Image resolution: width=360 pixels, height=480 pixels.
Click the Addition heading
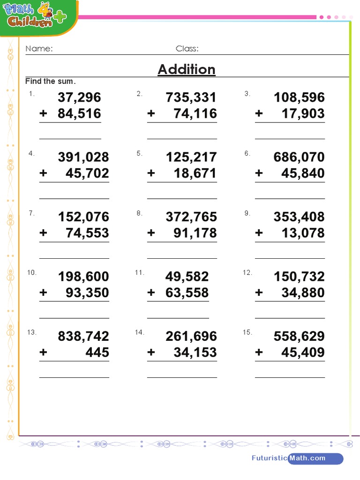click(187, 69)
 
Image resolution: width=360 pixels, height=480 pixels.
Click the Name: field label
click(39, 49)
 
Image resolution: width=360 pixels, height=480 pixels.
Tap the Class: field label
click(187, 49)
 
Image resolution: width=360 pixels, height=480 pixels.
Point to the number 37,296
click(79, 97)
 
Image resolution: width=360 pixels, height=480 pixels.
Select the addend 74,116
click(195, 113)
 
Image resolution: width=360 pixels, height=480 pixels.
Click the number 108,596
click(299, 97)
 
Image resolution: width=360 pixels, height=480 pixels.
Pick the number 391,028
click(83, 157)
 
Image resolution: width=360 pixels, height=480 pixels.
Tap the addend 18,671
click(195, 173)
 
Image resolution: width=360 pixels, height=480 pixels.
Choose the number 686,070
click(299, 157)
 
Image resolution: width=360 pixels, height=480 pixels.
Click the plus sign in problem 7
click(44, 233)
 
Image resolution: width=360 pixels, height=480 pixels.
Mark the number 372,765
click(191, 217)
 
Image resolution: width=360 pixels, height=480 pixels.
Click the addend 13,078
click(303, 233)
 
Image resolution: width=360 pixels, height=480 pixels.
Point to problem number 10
click(32, 273)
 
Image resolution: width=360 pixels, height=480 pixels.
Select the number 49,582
click(187, 277)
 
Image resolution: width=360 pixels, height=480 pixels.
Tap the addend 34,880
click(303, 292)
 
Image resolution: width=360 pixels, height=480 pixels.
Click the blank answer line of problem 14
click(182, 377)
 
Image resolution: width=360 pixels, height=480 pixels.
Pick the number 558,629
click(299, 336)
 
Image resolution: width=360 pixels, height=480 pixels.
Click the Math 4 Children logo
click(35, 17)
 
